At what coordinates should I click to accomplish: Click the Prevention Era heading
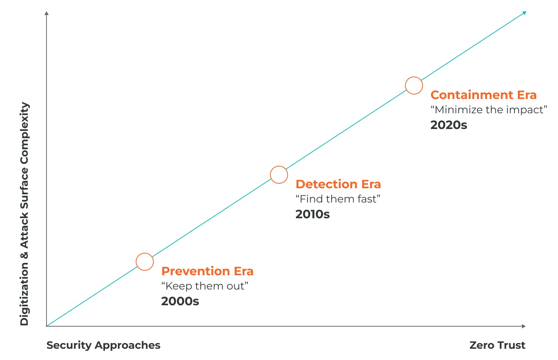[x=207, y=271]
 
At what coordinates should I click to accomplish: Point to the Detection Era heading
[x=338, y=184]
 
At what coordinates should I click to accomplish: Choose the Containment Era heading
[x=483, y=95]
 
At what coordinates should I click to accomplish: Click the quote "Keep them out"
[x=205, y=286]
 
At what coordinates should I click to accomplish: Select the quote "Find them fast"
[x=338, y=199]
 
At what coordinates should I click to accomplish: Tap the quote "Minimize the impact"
[x=489, y=109]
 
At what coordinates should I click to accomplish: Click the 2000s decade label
[x=180, y=301]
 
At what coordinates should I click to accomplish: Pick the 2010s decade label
[x=313, y=214]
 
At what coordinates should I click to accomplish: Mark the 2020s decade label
[x=449, y=125]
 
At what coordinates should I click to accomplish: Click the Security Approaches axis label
[x=103, y=345]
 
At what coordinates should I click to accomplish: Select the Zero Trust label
[x=498, y=345]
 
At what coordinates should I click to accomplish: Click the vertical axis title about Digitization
[x=24, y=213]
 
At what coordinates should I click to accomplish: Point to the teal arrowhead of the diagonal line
[x=524, y=13]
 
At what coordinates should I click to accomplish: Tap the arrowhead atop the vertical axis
[x=46, y=13]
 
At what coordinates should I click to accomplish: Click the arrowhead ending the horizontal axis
[x=524, y=326]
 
